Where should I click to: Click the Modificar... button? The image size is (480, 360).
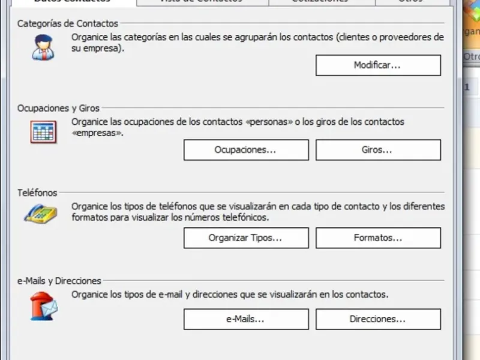point(378,65)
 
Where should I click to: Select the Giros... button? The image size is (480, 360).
point(378,150)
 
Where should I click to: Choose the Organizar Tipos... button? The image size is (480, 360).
point(245,238)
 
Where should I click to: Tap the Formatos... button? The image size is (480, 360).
point(378,238)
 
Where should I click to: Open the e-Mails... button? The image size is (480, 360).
point(245,319)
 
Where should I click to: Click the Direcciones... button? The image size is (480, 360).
point(378,319)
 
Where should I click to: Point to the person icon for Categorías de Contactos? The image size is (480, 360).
point(43,47)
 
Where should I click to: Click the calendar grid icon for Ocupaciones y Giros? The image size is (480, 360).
point(43,131)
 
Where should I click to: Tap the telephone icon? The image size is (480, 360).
point(40,212)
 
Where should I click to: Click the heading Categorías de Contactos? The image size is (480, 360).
point(68,24)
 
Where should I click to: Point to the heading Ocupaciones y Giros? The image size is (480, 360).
point(59,109)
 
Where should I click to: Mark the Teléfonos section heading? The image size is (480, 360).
point(37,193)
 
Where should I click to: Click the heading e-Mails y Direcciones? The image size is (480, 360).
point(59,280)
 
